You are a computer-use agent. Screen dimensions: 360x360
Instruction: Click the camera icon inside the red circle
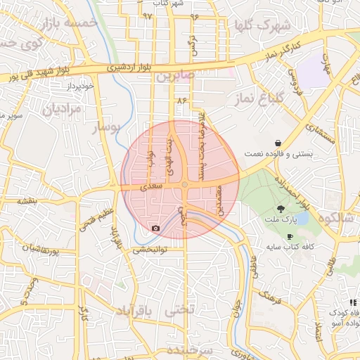pos(155,228)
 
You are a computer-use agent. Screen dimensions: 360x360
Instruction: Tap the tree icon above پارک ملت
pos(281,208)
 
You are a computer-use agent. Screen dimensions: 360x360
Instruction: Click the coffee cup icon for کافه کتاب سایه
pos(290,237)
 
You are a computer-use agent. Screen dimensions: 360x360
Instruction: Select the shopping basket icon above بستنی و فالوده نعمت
pos(279,142)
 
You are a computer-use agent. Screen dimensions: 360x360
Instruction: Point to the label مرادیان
pos(63,110)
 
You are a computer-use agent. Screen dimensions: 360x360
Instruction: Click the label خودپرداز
pos(80,86)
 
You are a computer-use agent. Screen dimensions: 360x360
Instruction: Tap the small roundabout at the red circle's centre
pos(184,185)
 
